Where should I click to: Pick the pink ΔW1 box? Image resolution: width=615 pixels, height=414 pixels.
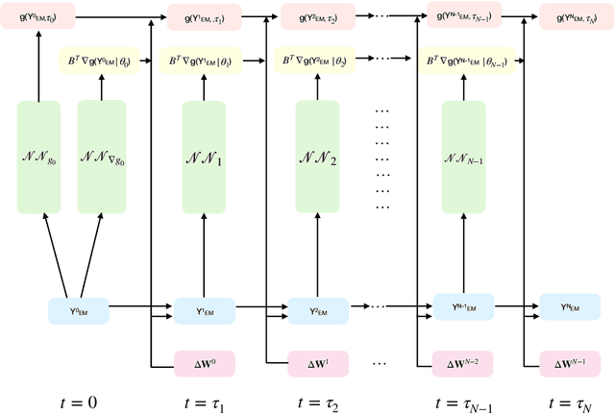coord(314,365)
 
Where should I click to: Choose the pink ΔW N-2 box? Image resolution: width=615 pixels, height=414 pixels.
coord(464,365)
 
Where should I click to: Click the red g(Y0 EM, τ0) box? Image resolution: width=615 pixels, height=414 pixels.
coord(39,16)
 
